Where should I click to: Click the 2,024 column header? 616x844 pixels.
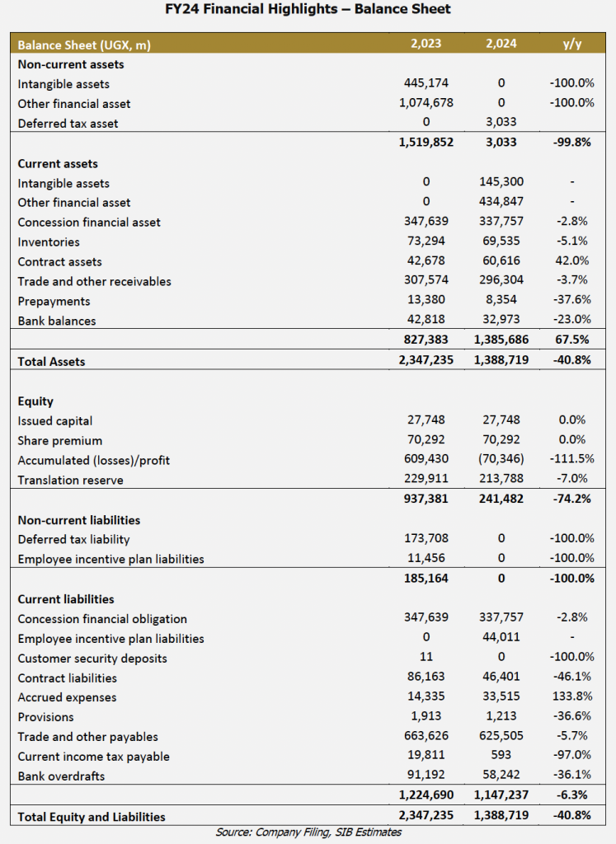(501, 44)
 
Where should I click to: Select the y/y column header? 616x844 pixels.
(571, 44)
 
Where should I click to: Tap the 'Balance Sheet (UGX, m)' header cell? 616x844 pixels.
(84, 45)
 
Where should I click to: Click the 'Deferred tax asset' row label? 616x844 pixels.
(68, 124)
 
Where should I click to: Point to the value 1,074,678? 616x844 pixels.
(426, 103)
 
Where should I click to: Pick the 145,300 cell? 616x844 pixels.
(501, 182)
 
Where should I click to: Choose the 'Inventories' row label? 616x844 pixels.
(49, 242)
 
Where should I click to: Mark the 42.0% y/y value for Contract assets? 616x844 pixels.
(571, 260)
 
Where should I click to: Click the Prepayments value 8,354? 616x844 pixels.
(501, 300)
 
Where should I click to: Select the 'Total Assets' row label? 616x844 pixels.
(51, 362)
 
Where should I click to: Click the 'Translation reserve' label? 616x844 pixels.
(71, 481)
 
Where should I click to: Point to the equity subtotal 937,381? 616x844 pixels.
(426, 499)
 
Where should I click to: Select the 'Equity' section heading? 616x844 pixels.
(35, 401)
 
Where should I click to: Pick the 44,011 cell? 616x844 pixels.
(501, 637)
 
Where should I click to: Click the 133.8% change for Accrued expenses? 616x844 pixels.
(571, 696)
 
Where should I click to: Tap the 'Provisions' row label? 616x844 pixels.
(46, 718)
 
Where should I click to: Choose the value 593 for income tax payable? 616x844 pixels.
(501, 755)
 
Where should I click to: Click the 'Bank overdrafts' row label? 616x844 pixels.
(61, 776)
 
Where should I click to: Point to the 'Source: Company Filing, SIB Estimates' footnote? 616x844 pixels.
(308, 832)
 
